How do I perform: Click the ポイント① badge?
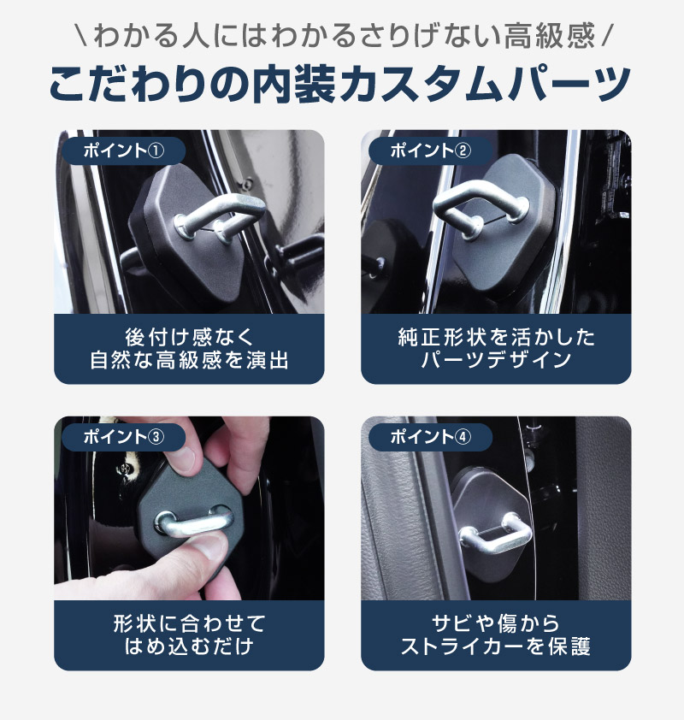coord(123,150)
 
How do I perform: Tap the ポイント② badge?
coord(430,150)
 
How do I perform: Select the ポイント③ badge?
coord(123,437)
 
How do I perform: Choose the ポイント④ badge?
coord(430,437)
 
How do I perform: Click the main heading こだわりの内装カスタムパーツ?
coord(340,84)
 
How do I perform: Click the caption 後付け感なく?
coord(189,338)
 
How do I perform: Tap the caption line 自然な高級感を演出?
coord(189,360)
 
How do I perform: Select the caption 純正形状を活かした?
coord(496,338)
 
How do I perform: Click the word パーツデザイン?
coord(496,360)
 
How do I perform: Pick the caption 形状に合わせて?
coord(189,623)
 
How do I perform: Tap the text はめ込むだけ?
coord(189,646)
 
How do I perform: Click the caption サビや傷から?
coord(496,623)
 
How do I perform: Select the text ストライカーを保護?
coord(496,646)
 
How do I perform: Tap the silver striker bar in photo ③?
coord(193,525)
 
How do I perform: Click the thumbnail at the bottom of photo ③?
coord(208,547)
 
